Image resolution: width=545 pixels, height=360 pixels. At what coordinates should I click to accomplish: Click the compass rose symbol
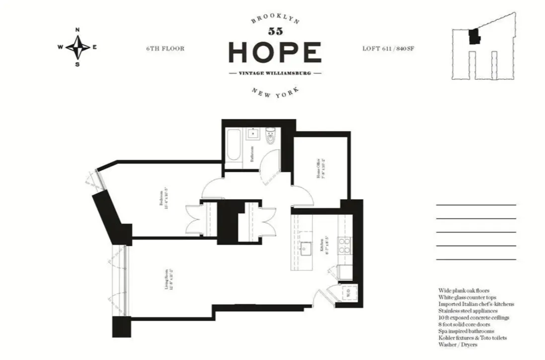click(78, 48)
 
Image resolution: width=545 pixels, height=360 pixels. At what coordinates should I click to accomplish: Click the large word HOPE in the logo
click(274, 52)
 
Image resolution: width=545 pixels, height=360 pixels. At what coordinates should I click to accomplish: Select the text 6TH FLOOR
click(165, 49)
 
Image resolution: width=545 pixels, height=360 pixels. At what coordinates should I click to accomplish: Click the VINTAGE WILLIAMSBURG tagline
click(275, 73)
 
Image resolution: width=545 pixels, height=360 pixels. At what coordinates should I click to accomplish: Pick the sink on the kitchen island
click(306, 248)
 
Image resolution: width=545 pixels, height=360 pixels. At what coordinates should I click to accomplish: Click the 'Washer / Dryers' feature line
click(456, 343)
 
